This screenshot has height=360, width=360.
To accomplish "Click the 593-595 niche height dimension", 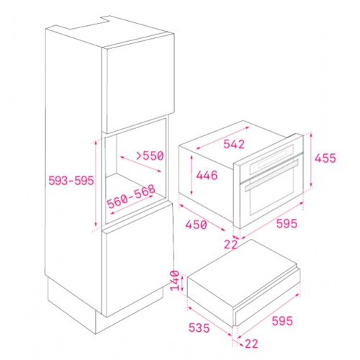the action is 71,181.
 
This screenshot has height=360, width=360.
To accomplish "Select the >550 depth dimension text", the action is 150,156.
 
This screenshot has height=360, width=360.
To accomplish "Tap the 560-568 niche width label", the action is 131,197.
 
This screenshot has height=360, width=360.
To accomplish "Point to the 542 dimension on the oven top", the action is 234,144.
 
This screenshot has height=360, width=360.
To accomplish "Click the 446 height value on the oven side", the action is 207,175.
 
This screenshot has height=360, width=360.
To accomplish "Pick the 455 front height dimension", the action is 325,158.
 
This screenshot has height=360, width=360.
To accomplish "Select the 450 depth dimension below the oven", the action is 196,225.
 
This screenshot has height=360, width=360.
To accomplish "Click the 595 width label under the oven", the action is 287,223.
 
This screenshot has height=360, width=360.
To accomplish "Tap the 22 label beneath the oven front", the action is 230,245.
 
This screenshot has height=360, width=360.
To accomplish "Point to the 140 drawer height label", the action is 175,280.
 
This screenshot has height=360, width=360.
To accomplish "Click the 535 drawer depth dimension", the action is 199,328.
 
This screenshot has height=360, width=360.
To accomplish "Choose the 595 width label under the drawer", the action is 282,321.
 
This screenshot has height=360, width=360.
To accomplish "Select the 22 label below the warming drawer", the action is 251,343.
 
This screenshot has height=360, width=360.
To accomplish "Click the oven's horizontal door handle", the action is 271,176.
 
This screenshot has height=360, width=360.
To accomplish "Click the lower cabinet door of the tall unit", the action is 138,261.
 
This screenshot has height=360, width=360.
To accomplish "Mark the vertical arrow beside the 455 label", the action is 311,160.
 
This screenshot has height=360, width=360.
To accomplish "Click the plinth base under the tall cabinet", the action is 106,305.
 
